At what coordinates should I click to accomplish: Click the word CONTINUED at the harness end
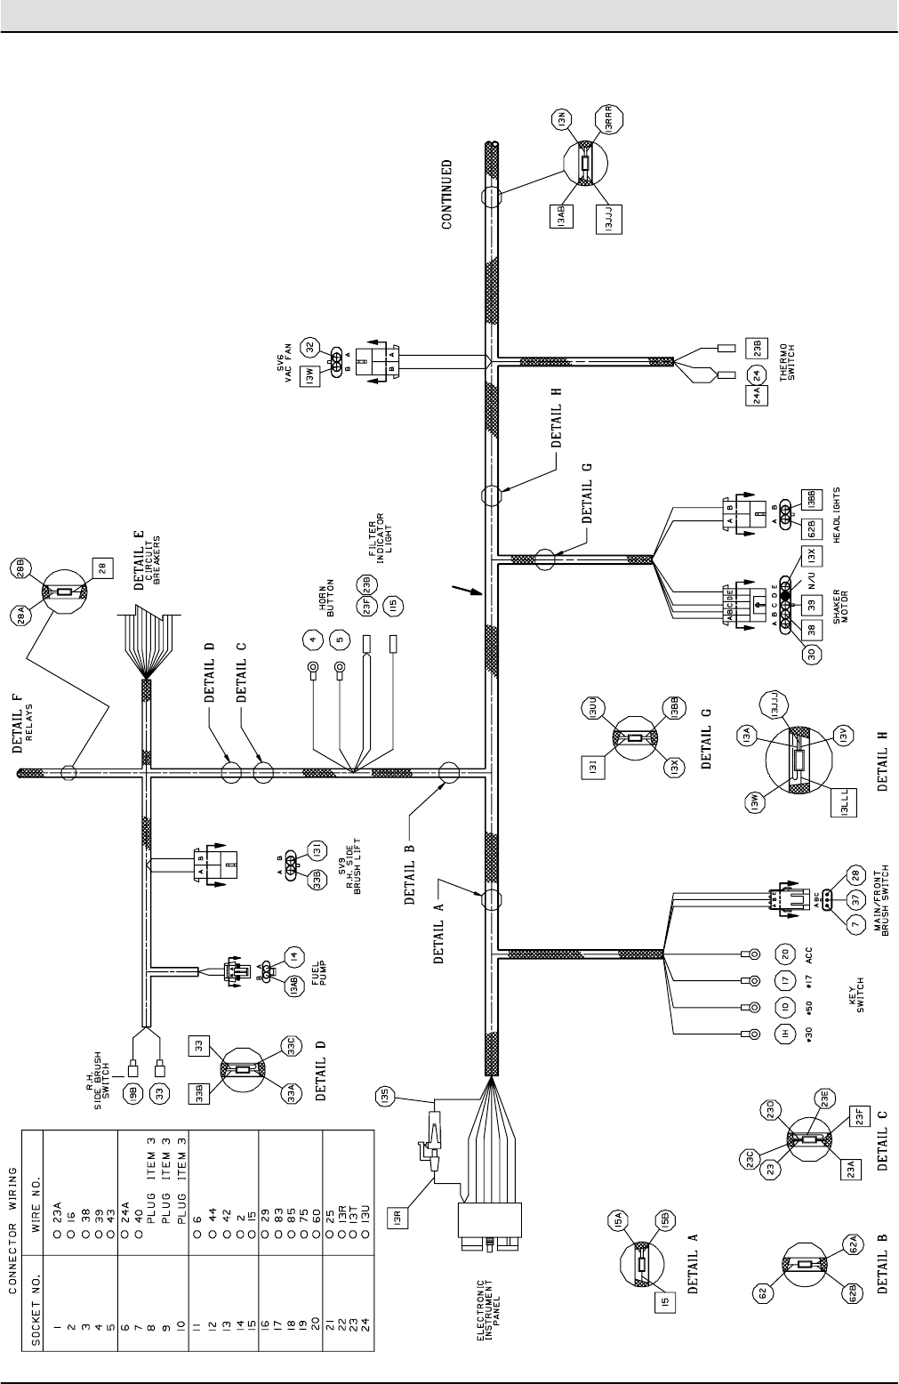pos(447,194)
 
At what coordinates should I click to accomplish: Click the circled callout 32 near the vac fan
pos(310,347)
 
